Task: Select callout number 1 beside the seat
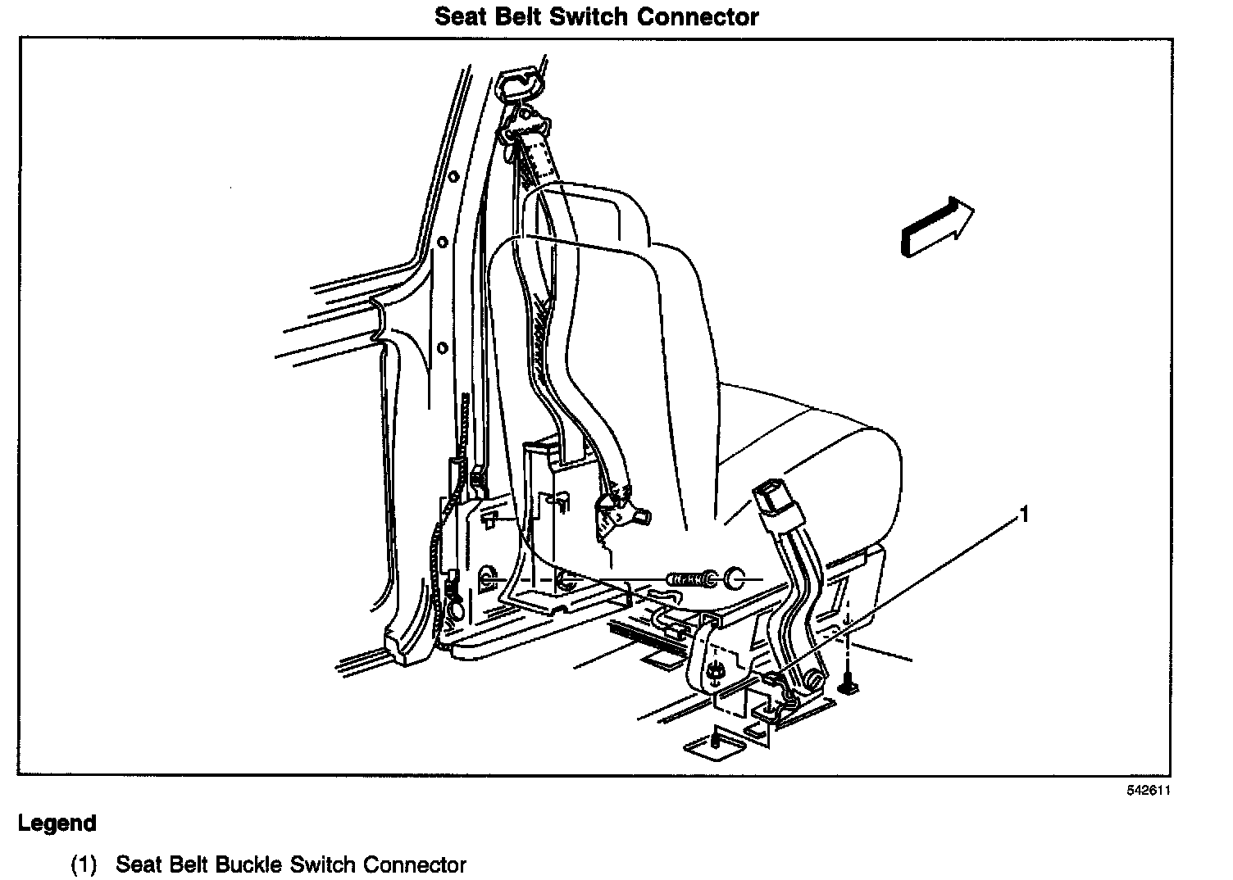(x=1022, y=515)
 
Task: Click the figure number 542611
(x=1147, y=791)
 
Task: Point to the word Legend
(x=57, y=823)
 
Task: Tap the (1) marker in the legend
(x=84, y=864)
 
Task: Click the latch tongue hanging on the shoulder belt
(x=619, y=508)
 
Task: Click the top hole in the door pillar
(x=442, y=243)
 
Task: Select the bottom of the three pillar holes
(x=442, y=347)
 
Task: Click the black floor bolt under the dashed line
(x=849, y=684)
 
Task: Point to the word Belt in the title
(x=512, y=16)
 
